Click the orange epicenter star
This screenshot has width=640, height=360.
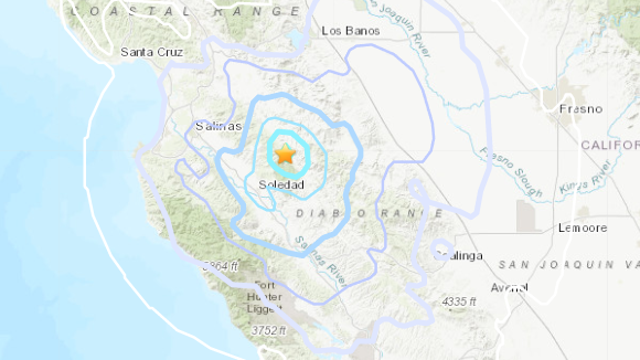[x=285, y=155]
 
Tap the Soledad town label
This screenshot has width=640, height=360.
[x=276, y=186]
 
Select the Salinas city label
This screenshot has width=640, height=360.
[x=215, y=126]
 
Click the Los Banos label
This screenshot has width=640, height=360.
[x=345, y=31]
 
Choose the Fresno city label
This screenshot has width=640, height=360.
[x=580, y=108]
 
